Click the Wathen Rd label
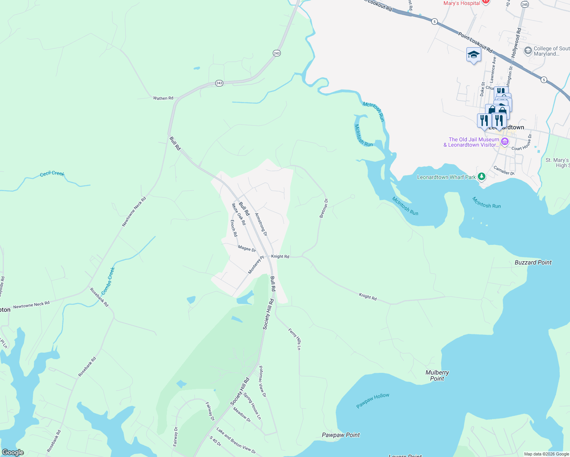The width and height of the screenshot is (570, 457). click(163, 98)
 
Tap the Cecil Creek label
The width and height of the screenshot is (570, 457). click(52, 174)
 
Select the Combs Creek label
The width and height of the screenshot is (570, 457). click(108, 281)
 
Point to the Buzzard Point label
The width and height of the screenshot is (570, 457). click(533, 262)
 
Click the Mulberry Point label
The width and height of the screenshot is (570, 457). click(437, 376)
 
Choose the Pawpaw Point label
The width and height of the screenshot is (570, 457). click(341, 435)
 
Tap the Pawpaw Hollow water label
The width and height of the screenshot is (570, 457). click(373, 401)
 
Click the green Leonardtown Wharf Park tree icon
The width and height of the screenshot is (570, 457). click(482, 176)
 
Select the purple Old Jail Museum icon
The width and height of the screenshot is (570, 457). click(505, 142)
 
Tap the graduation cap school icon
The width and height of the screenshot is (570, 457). click(474, 55)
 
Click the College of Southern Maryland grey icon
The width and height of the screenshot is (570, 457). click(528, 51)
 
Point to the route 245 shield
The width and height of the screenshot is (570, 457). click(525, 5)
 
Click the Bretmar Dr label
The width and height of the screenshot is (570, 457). click(323, 208)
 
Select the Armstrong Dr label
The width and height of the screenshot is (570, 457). click(261, 224)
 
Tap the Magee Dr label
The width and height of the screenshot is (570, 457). click(247, 249)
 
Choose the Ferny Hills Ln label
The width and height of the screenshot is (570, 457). click(295, 339)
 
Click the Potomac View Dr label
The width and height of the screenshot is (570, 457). click(262, 382)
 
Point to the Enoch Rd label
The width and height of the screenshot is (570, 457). click(234, 228)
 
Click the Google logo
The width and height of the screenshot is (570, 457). click(13, 452)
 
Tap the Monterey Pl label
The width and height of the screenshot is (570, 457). click(256, 265)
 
